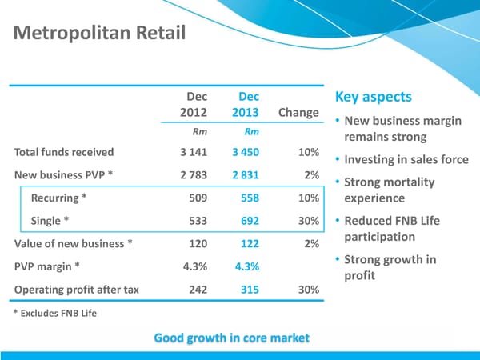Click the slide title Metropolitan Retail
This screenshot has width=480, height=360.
pyautogui.click(x=99, y=34)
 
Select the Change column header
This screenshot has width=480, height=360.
pyautogui.click(x=298, y=112)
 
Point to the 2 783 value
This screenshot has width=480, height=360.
pyautogui.click(x=194, y=175)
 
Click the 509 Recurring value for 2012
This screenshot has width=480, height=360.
pyautogui.click(x=196, y=198)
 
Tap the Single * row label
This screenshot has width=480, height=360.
pyautogui.click(x=50, y=222)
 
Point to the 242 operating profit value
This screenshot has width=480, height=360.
pyautogui.click(x=198, y=290)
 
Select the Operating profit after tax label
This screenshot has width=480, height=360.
pyautogui.click(x=76, y=290)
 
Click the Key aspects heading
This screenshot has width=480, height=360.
pyautogui.click(x=374, y=97)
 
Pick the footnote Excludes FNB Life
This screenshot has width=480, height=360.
pyautogui.click(x=55, y=312)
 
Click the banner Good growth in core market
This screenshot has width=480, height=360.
pyautogui.click(x=231, y=338)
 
